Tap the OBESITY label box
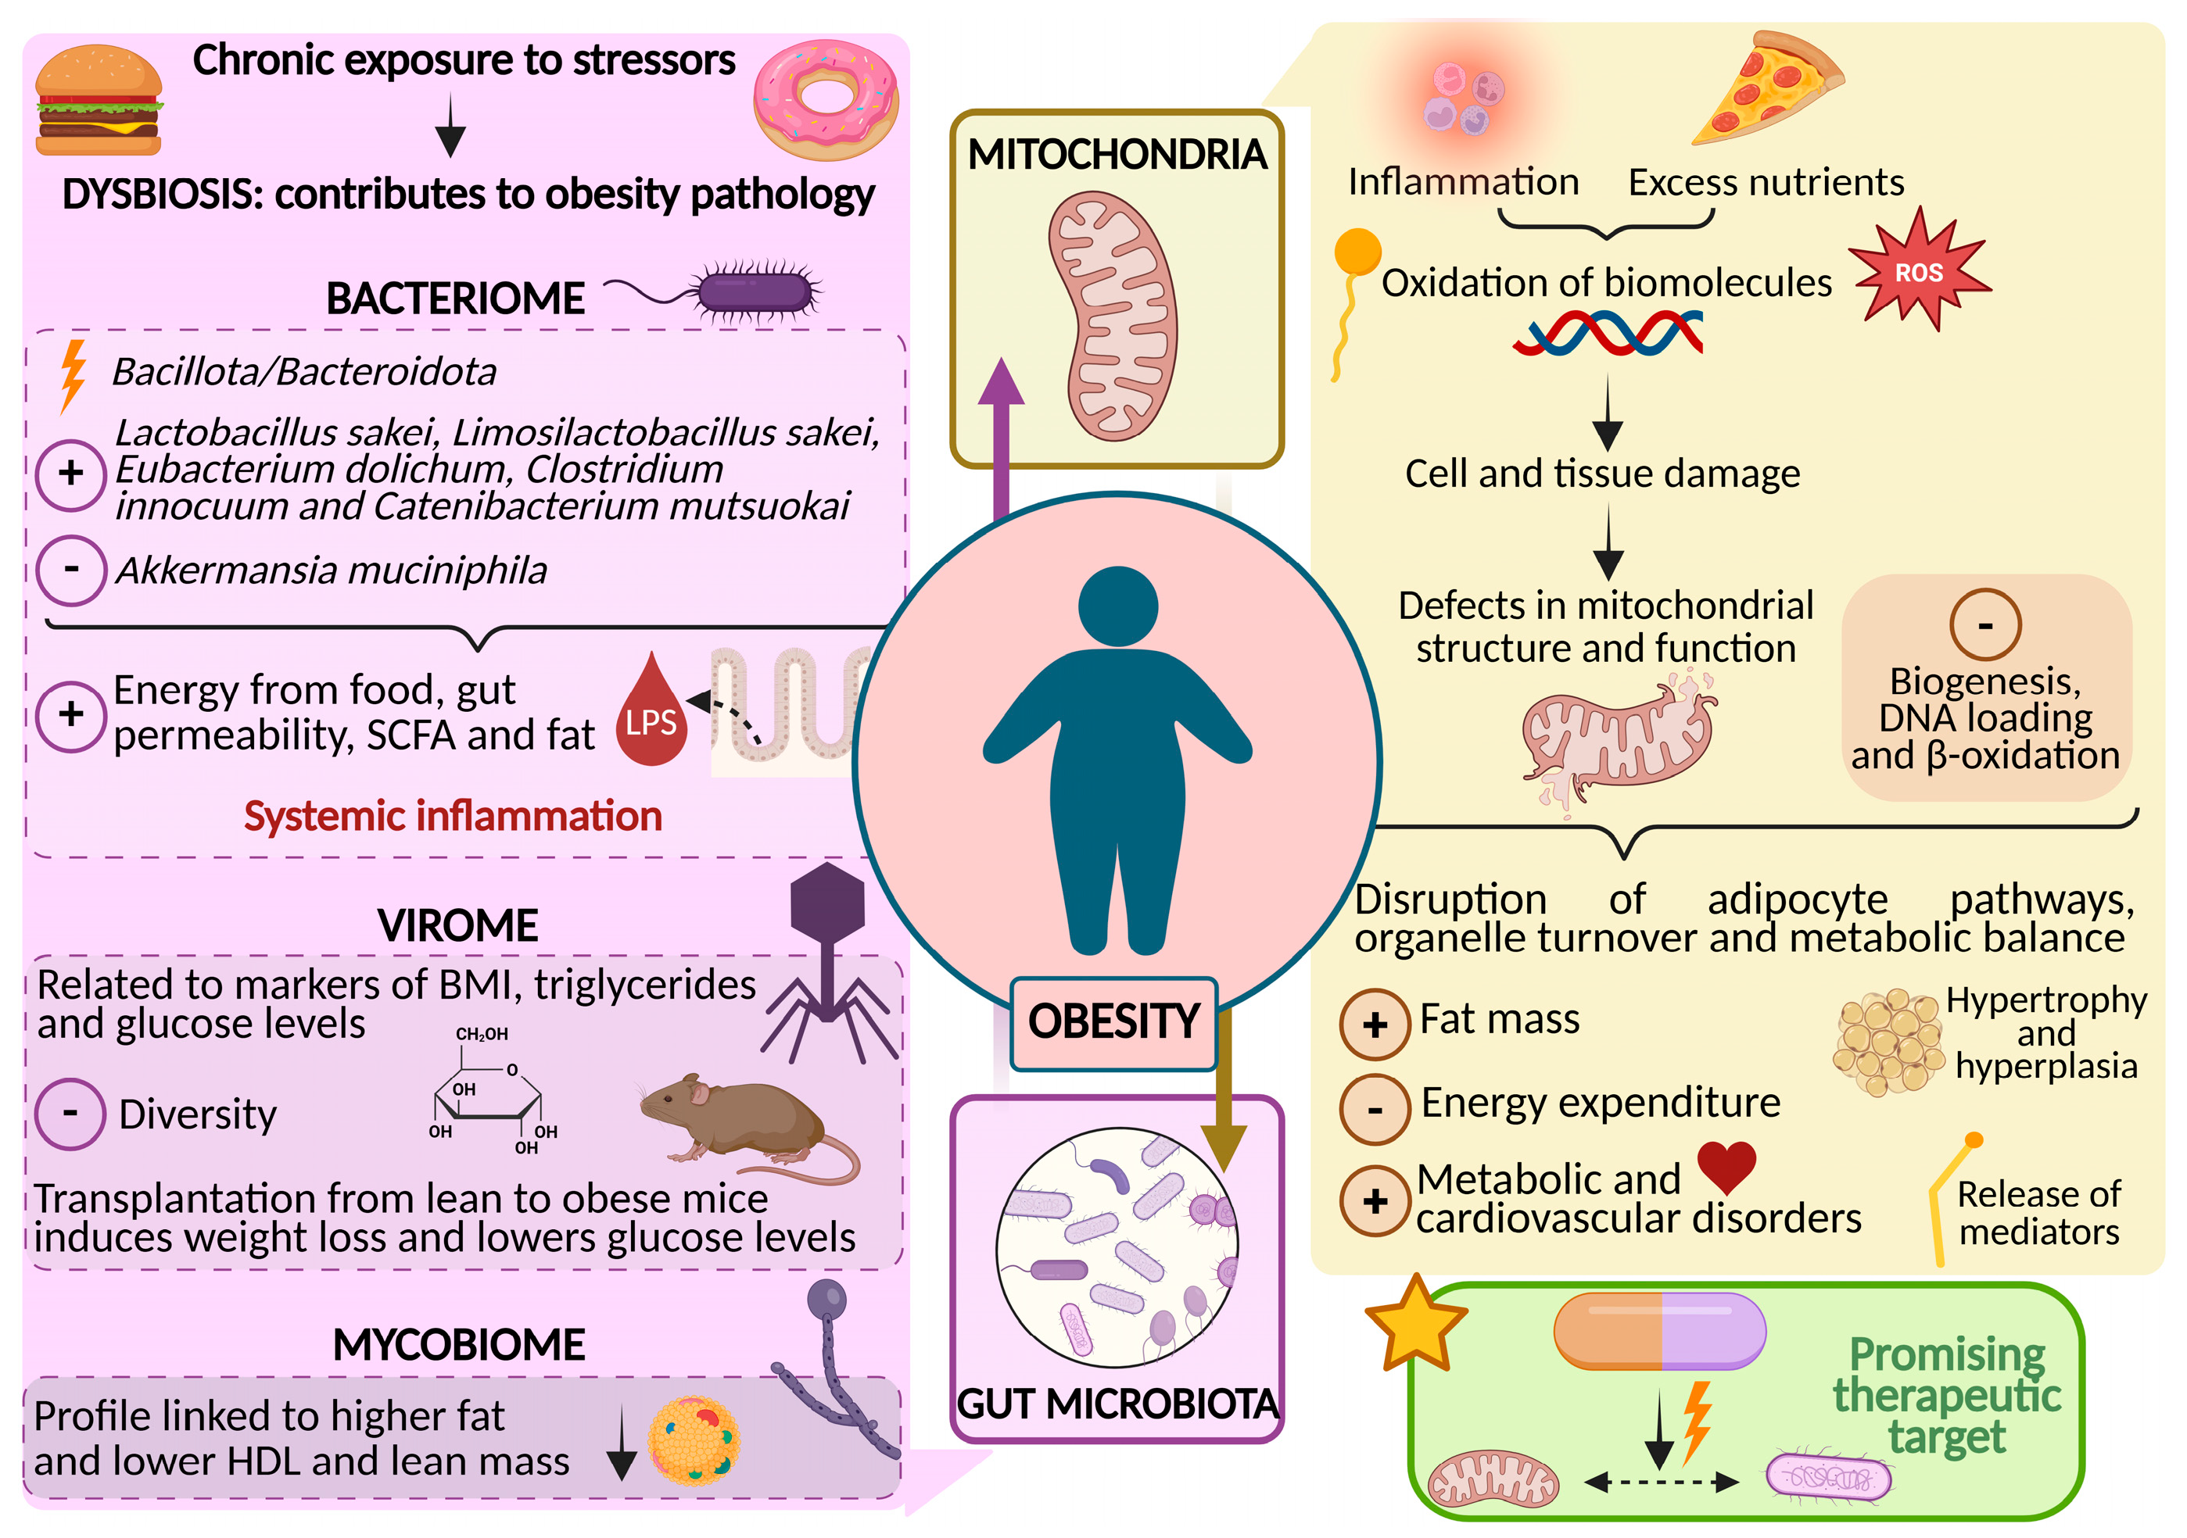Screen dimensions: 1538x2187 click(1113, 1022)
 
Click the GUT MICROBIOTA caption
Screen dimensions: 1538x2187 click(1117, 1404)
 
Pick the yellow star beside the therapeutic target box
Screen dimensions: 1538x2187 click(1415, 1324)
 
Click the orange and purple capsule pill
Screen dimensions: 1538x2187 click(1659, 1330)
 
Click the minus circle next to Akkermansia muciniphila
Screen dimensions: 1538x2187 click(70, 570)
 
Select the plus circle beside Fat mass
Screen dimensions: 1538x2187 click(1375, 1025)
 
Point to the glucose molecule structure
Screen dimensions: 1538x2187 click(488, 1095)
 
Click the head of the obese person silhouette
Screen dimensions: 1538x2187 click(1118, 606)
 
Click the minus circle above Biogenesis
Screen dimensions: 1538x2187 click(1985, 624)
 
